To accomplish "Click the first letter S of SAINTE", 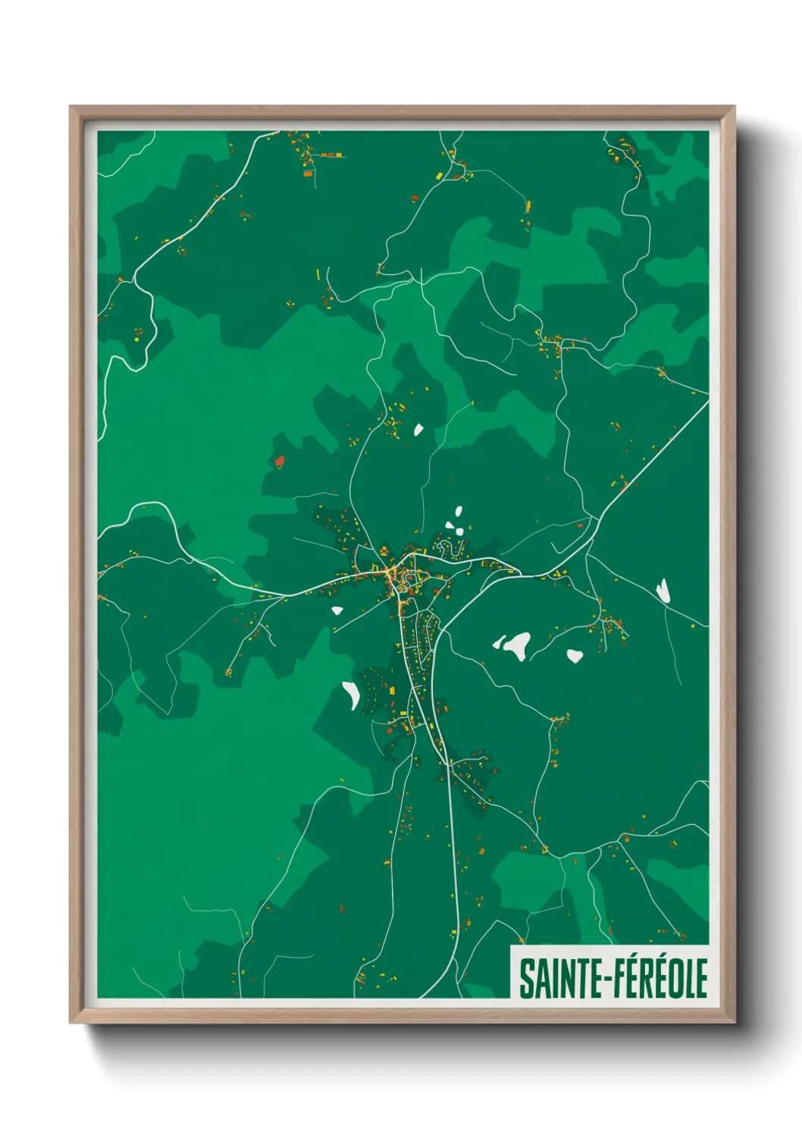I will click(x=525, y=978).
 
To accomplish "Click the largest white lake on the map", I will click(x=518, y=645).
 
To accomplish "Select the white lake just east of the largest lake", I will click(x=575, y=655).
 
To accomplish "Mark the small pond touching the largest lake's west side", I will click(x=499, y=643).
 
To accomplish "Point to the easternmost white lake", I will click(x=663, y=591).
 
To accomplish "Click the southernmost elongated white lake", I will click(x=351, y=694).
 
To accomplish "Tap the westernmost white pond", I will click(x=337, y=610).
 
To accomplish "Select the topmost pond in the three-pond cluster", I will click(x=457, y=512).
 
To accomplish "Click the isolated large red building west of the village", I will click(x=279, y=460).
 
